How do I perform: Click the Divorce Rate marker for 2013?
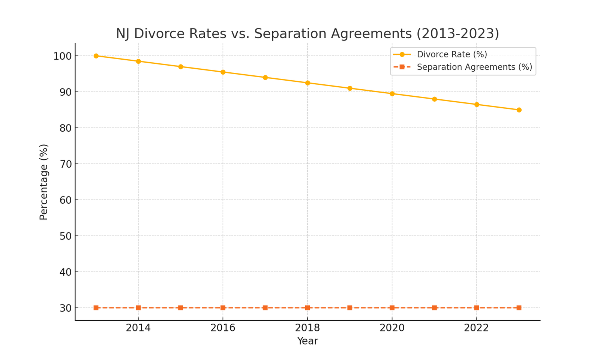[x=96, y=56]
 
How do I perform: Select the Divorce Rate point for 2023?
[x=519, y=110]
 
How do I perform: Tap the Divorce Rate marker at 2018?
[x=307, y=83]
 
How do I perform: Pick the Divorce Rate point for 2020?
[x=392, y=94]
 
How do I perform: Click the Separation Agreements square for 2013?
[x=96, y=308]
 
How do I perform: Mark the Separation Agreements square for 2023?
[x=519, y=308]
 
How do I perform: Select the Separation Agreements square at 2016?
[x=223, y=308]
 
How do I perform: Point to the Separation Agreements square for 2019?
[x=350, y=308]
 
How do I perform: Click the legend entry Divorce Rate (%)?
[x=451, y=54]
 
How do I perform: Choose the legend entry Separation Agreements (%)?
[x=474, y=67]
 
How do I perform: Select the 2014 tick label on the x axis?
[x=138, y=328]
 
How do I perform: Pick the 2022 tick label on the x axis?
[x=477, y=328]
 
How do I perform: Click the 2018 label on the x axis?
[x=307, y=328]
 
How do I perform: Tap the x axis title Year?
[x=307, y=341]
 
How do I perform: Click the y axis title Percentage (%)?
[x=44, y=182]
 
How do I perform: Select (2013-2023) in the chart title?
[x=457, y=34]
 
